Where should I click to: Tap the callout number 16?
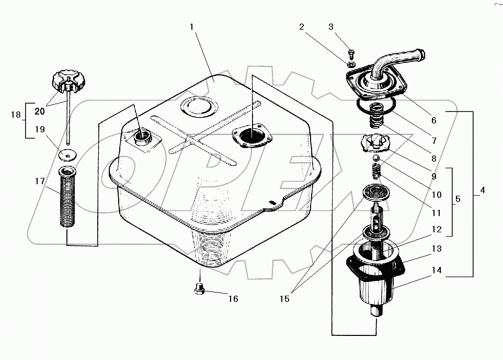233,299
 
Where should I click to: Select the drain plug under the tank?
199,288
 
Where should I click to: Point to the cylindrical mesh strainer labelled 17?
67,197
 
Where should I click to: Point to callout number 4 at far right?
482,190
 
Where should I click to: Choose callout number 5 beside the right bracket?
458,199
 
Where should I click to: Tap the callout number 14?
437,271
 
